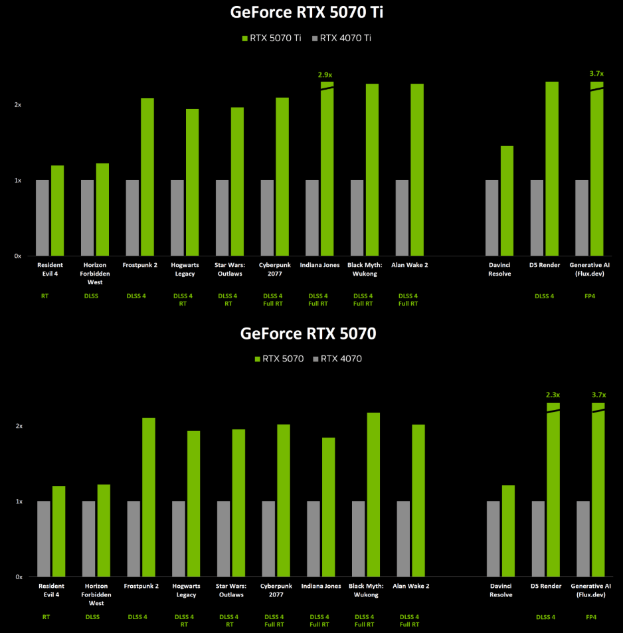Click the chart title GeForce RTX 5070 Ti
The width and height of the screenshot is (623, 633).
(x=308, y=13)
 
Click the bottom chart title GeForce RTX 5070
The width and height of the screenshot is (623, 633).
(x=308, y=333)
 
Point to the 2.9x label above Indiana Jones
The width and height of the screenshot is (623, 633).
(x=325, y=74)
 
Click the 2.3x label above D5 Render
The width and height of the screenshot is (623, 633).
(x=553, y=395)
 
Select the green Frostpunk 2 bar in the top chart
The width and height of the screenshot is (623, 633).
(x=147, y=177)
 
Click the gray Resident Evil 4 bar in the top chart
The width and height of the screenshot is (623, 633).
(x=43, y=217)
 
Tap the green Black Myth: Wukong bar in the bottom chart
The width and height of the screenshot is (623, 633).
(x=373, y=494)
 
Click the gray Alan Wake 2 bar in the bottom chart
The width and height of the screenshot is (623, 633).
(x=402, y=539)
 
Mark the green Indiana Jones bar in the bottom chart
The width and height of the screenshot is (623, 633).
(x=328, y=507)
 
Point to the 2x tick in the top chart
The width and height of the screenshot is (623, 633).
(x=18, y=105)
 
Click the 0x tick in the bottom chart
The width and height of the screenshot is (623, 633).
(x=19, y=577)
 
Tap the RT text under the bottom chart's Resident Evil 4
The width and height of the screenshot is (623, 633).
(x=46, y=616)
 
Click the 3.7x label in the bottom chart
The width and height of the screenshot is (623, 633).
(x=598, y=395)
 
